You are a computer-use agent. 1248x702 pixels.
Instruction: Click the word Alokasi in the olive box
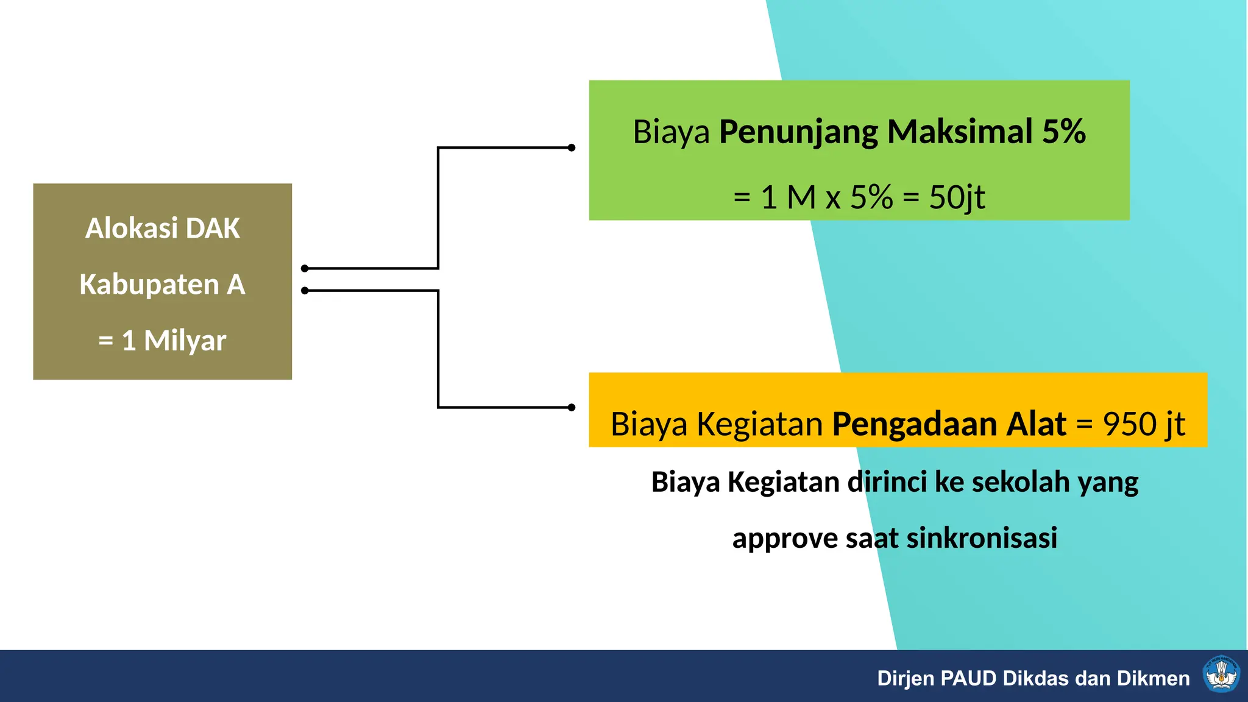pos(132,229)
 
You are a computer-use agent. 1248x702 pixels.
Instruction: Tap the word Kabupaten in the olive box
pos(149,285)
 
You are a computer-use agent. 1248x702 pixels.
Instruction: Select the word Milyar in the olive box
pos(185,341)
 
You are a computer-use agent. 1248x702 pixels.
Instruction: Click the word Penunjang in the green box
pos(798,132)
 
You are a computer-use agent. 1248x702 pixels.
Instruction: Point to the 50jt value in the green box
pos(957,197)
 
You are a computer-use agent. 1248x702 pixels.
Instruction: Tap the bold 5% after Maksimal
pos(1063,132)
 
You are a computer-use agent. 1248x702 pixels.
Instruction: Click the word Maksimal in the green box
pos(960,132)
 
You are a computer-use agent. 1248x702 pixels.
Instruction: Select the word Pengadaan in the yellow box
pos(918,424)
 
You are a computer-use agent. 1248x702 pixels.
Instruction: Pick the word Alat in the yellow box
pos(1036,424)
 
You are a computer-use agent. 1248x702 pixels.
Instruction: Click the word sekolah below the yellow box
pos(1021,482)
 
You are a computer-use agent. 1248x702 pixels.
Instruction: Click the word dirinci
pos(887,482)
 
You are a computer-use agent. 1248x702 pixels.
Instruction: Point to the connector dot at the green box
pos(571,147)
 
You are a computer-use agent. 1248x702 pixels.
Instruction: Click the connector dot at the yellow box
pos(571,407)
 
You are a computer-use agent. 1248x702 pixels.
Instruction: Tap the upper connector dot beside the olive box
pos(305,268)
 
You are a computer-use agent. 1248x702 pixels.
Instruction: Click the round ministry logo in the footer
pos(1221,675)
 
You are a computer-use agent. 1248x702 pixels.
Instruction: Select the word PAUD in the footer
pos(968,678)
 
